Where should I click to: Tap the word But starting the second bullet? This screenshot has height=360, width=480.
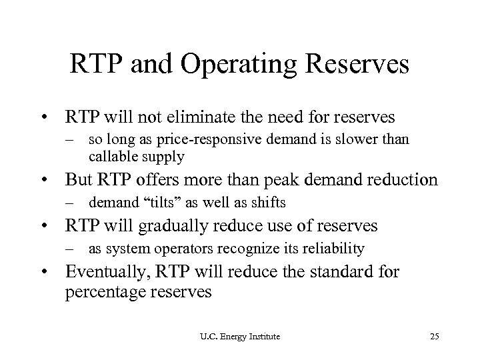tap(79, 179)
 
